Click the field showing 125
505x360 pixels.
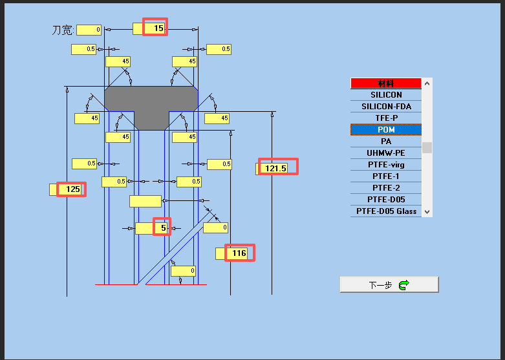[x=68, y=189]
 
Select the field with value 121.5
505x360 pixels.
[x=276, y=169]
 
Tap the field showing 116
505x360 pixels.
[x=235, y=253]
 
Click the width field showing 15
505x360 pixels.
[x=149, y=28]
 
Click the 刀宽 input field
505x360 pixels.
[x=89, y=30]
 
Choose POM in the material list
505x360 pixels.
[x=386, y=129]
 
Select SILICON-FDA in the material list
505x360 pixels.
[x=386, y=106]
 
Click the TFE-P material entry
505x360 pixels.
[x=386, y=118]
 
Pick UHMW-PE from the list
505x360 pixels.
[x=386, y=153]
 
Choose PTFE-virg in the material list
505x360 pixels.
[x=386, y=165]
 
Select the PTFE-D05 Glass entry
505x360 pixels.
[x=386, y=211]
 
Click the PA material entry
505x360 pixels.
[x=386, y=141]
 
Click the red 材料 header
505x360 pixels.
[x=386, y=83]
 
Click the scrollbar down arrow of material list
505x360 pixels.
[x=427, y=211]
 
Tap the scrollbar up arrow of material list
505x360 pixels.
[x=427, y=83]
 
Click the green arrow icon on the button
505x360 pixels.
[x=404, y=285]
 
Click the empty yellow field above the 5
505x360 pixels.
[x=145, y=201]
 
